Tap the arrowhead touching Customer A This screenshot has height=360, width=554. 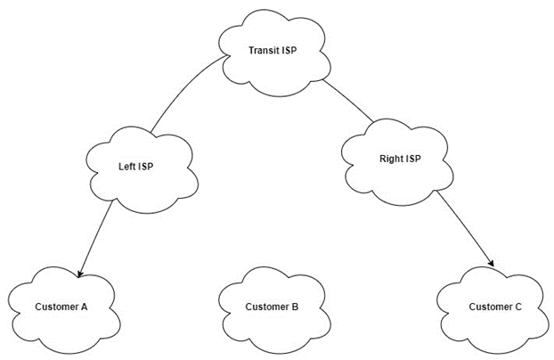pos(82,270)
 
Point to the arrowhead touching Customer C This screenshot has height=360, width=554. pos(490,264)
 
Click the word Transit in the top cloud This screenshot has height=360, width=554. pos(264,50)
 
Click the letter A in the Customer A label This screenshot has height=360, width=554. pos(84,307)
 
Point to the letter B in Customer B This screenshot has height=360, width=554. pos(295,307)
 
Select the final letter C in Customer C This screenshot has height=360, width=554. pos(518,307)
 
